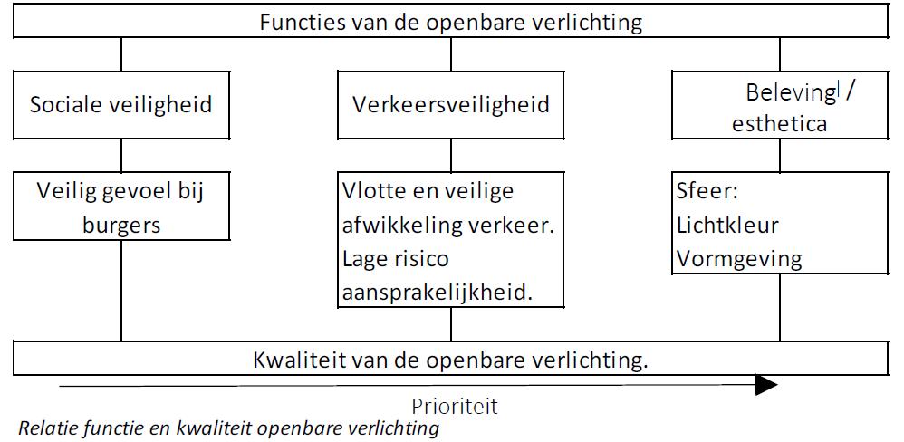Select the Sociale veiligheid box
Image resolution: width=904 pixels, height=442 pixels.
(121, 105)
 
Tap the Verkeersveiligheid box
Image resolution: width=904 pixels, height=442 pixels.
(451, 105)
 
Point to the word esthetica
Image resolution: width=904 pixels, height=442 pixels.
(780, 123)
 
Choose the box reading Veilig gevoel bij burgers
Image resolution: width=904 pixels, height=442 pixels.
(121, 206)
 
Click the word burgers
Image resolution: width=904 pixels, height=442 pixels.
(121, 226)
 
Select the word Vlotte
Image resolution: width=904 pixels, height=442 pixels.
(373, 190)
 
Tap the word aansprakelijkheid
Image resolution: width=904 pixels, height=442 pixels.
(437, 293)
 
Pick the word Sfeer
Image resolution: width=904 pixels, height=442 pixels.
(707, 191)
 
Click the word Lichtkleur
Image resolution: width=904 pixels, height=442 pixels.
(727, 225)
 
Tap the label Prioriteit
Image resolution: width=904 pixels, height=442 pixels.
(455, 407)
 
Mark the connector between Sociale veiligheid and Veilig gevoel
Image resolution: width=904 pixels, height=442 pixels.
(121, 156)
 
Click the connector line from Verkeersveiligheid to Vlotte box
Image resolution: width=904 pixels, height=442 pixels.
(451, 156)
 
